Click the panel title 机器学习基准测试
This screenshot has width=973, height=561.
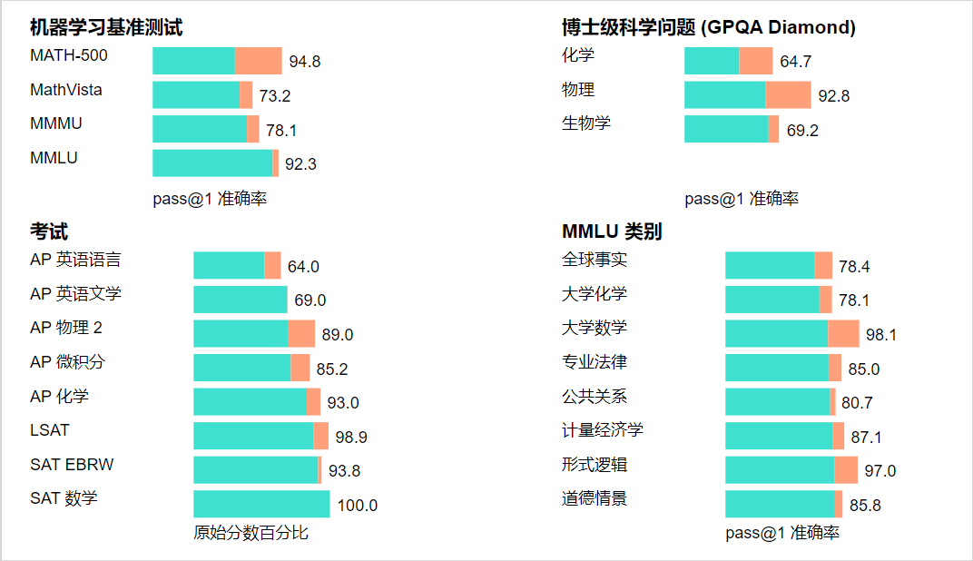point(105,27)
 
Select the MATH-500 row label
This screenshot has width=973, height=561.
point(68,55)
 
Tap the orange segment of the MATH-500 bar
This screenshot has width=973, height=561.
point(258,61)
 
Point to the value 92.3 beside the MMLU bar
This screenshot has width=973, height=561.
point(300,164)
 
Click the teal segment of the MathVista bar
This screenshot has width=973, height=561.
point(195,95)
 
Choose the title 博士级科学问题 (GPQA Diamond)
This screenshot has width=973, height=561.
point(708,27)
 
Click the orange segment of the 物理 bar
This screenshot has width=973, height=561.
point(788,95)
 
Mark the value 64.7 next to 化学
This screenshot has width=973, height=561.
point(795,62)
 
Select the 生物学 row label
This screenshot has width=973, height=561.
point(586,123)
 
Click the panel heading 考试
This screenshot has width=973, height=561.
point(48,231)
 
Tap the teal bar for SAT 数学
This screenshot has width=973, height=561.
point(261,504)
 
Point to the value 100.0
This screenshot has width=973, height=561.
point(357,506)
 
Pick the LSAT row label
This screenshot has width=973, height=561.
point(49,430)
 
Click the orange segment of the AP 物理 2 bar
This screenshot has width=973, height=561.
point(301,334)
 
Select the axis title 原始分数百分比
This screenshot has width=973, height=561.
point(251,533)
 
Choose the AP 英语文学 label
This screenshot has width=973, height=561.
point(75,294)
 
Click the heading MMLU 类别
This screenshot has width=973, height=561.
point(611,231)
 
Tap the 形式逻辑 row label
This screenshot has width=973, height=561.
point(594,465)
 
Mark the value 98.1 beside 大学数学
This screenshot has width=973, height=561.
point(880,335)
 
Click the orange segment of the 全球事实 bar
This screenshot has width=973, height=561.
point(823,265)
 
